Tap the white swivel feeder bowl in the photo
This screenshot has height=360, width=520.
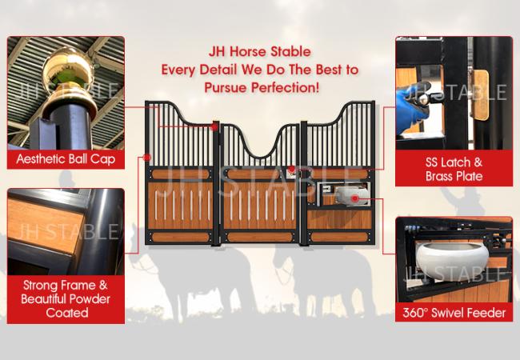(452, 258)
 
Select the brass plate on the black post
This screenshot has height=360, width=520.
(480, 95)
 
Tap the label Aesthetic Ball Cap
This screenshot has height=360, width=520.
(66, 159)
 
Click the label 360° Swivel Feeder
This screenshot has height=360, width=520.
(454, 313)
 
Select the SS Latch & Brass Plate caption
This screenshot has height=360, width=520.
(454, 169)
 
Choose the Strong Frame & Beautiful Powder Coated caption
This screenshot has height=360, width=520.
(66, 298)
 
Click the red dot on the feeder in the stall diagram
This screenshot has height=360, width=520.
(355, 198)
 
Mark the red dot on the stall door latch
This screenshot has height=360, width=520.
(291, 169)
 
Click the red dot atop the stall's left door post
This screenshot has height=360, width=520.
(215, 126)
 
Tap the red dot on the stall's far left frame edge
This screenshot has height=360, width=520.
(147, 158)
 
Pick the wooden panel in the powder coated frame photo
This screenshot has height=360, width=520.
(45, 225)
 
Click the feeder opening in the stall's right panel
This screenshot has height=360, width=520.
(343, 194)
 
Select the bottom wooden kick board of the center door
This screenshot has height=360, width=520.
(260, 237)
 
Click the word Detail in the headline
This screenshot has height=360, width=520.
(218, 70)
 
